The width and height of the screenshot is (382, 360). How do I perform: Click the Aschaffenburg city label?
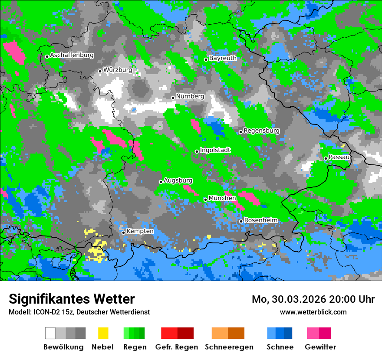click(x=72, y=55)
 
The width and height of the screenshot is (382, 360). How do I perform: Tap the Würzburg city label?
click(x=118, y=70)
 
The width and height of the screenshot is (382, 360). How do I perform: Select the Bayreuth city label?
click(x=223, y=58)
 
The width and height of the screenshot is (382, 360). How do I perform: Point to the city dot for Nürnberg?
click(x=173, y=98)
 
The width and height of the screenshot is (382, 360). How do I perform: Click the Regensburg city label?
click(x=261, y=131)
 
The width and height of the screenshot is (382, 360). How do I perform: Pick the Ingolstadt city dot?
click(x=197, y=151)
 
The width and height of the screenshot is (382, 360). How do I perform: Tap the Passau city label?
click(x=339, y=157)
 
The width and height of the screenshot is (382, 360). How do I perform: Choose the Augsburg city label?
click(x=178, y=180)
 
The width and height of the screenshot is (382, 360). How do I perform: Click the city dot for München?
click(x=205, y=200)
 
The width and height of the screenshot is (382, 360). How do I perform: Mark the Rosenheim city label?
click(x=261, y=220)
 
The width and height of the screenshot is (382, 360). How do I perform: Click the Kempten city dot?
click(x=123, y=232)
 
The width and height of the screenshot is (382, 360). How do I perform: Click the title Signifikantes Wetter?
click(x=72, y=299)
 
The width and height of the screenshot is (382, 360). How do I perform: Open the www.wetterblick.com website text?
click(x=313, y=312)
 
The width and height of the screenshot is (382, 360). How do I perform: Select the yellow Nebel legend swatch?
click(x=103, y=333)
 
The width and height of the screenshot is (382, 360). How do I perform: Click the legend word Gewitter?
click(x=320, y=347)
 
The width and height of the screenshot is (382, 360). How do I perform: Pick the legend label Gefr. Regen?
click(x=177, y=347)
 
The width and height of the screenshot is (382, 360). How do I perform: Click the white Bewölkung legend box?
click(x=50, y=333)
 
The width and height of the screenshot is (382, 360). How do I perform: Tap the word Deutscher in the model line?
click(x=102, y=312)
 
